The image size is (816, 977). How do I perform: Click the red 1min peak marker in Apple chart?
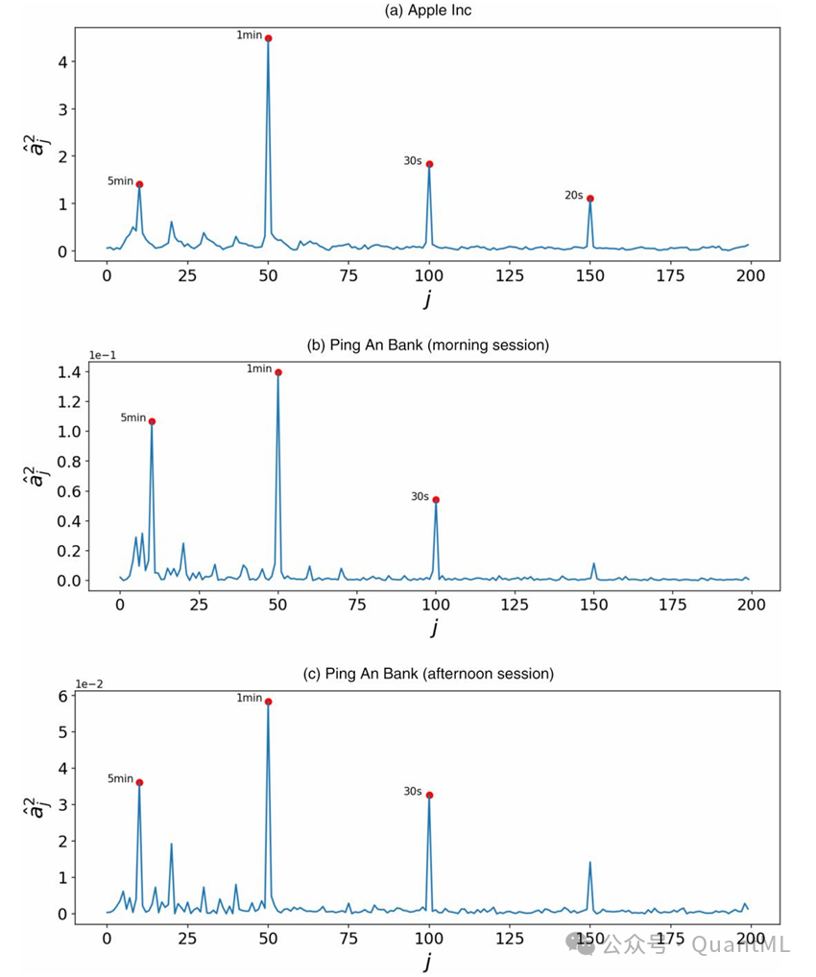268,38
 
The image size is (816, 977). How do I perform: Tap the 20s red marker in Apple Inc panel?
590,199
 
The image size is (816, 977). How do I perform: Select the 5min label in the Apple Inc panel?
119,180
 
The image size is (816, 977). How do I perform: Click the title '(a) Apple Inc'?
427,11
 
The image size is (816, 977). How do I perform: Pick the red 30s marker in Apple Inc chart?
429,164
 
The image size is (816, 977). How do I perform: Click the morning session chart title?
427,345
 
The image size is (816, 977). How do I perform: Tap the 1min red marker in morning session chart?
278,372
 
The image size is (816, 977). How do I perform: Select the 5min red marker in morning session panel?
152,421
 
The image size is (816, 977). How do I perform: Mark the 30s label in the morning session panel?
420,496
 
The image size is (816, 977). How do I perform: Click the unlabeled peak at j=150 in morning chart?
594,563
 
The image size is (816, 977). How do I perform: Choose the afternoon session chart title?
428,674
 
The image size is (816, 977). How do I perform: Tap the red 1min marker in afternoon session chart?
268,702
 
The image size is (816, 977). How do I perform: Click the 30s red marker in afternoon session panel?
429,795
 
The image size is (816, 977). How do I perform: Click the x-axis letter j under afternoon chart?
427,960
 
